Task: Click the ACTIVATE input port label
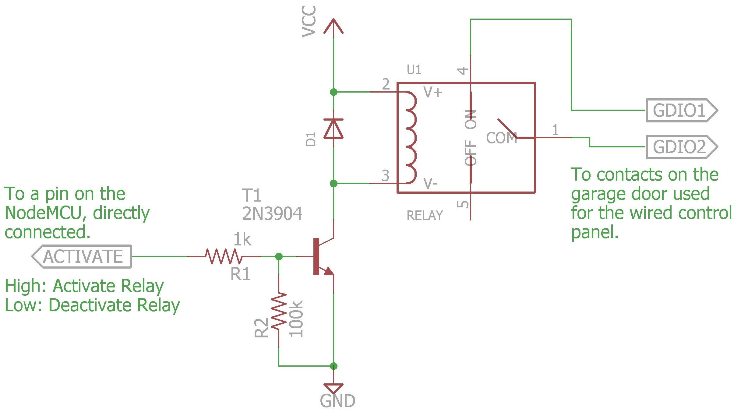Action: pyautogui.click(x=82, y=256)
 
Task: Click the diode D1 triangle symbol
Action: pyautogui.click(x=333, y=129)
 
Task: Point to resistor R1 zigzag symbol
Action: pyautogui.click(x=224, y=256)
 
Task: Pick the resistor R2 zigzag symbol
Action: pyautogui.click(x=279, y=311)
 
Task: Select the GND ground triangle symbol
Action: pyautogui.click(x=333, y=389)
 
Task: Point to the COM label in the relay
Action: pyautogui.click(x=502, y=138)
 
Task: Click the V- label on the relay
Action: pyautogui.click(x=430, y=183)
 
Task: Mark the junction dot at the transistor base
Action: pyautogui.click(x=279, y=256)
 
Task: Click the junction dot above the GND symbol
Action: pyautogui.click(x=333, y=366)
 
